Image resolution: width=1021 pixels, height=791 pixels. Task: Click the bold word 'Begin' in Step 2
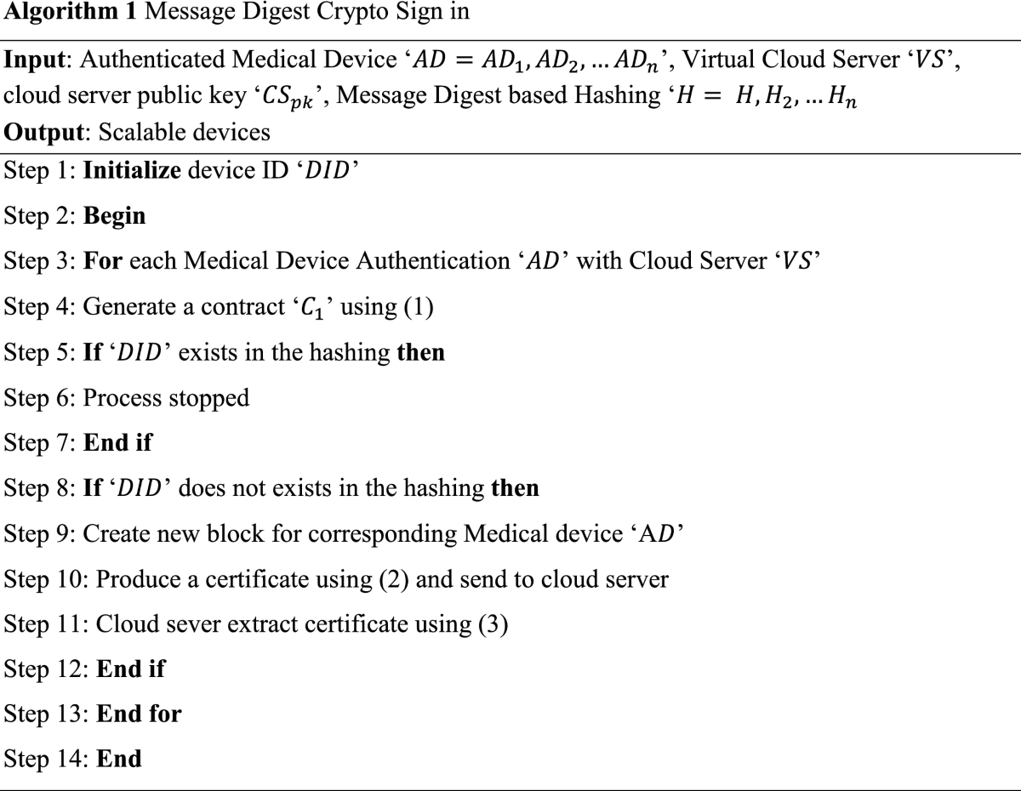[114, 216]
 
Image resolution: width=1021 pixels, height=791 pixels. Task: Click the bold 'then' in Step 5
[420, 351]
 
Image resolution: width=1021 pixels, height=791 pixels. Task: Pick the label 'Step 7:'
[40, 442]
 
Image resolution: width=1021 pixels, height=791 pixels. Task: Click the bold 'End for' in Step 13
[139, 713]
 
